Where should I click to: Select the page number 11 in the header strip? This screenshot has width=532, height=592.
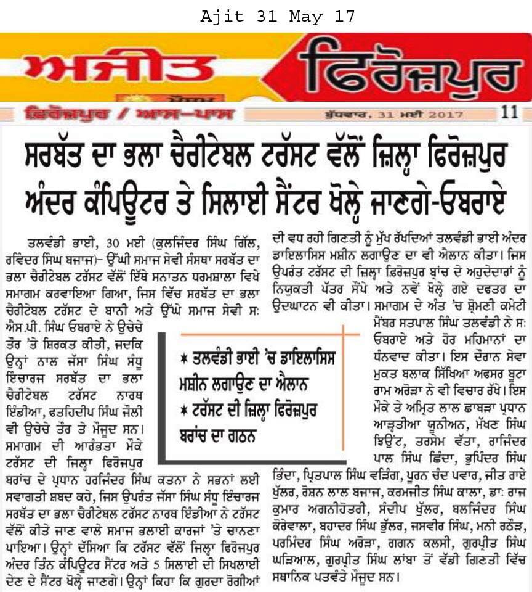[509, 113]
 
